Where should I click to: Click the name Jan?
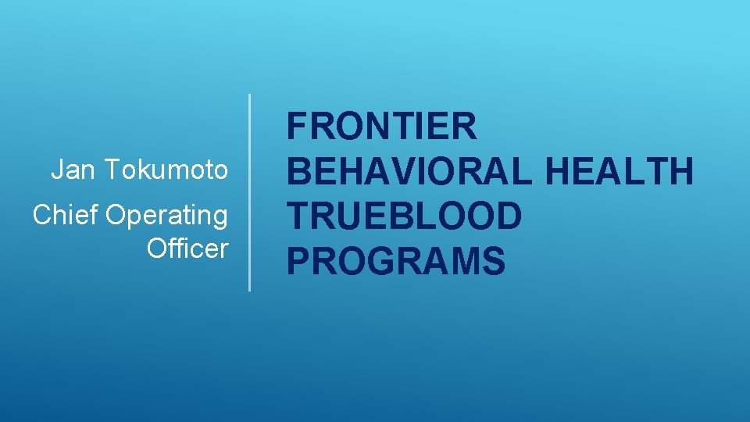pyautogui.click(x=67, y=170)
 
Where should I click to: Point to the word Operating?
pyautogui.click(x=166, y=216)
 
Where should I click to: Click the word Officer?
pyautogui.click(x=187, y=249)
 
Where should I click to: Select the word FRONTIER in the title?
pyautogui.click(x=381, y=127)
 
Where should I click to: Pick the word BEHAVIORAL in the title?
pyautogui.click(x=410, y=171)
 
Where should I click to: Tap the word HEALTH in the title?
pyautogui.click(x=620, y=171)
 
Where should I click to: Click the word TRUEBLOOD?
pyautogui.click(x=403, y=216)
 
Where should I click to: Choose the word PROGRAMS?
pyautogui.click(x=395, y=260)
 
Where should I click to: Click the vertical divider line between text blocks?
pyautogui.click(x=249, y=192)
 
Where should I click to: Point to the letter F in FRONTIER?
pyautogui.click(x=297, y=127)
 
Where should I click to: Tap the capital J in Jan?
pyautogui.click(x=56, y=170)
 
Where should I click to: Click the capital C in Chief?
pyautogui.click(x=42, y=215)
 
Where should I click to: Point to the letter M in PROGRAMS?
pyautogui.click(x=463, y=260)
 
